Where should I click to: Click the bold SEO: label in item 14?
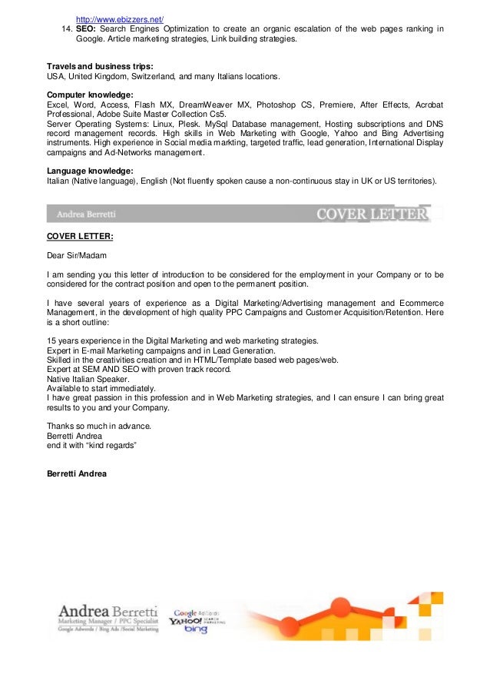tap(87, 29)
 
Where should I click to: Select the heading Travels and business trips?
tap(100, 66)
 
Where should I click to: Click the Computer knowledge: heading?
tap(90, 95)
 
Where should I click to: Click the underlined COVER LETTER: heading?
tap(80, 237)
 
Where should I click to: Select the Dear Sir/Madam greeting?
tap(76, 255)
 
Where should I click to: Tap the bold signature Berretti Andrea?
tap(77, 473)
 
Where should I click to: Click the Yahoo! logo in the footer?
tap(186, 619)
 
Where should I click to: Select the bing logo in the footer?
tap(196, 630)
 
